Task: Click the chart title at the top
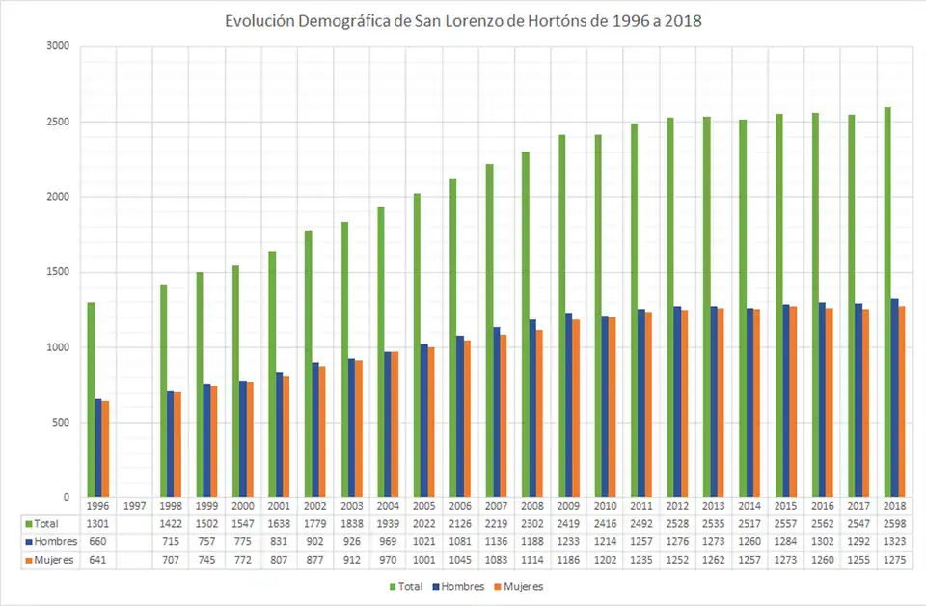tap(463, 21)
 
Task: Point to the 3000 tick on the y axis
tap(57, 46)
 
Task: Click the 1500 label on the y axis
tap(57, 272)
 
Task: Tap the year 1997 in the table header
tap(134, 506)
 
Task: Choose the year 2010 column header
tap(605, 506)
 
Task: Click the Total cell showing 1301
tap(98, 523)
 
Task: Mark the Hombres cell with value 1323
tap(894, 541)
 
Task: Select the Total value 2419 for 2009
tap(568, 523)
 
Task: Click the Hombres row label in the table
tap(56, 541)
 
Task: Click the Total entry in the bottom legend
tap(408, 586)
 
